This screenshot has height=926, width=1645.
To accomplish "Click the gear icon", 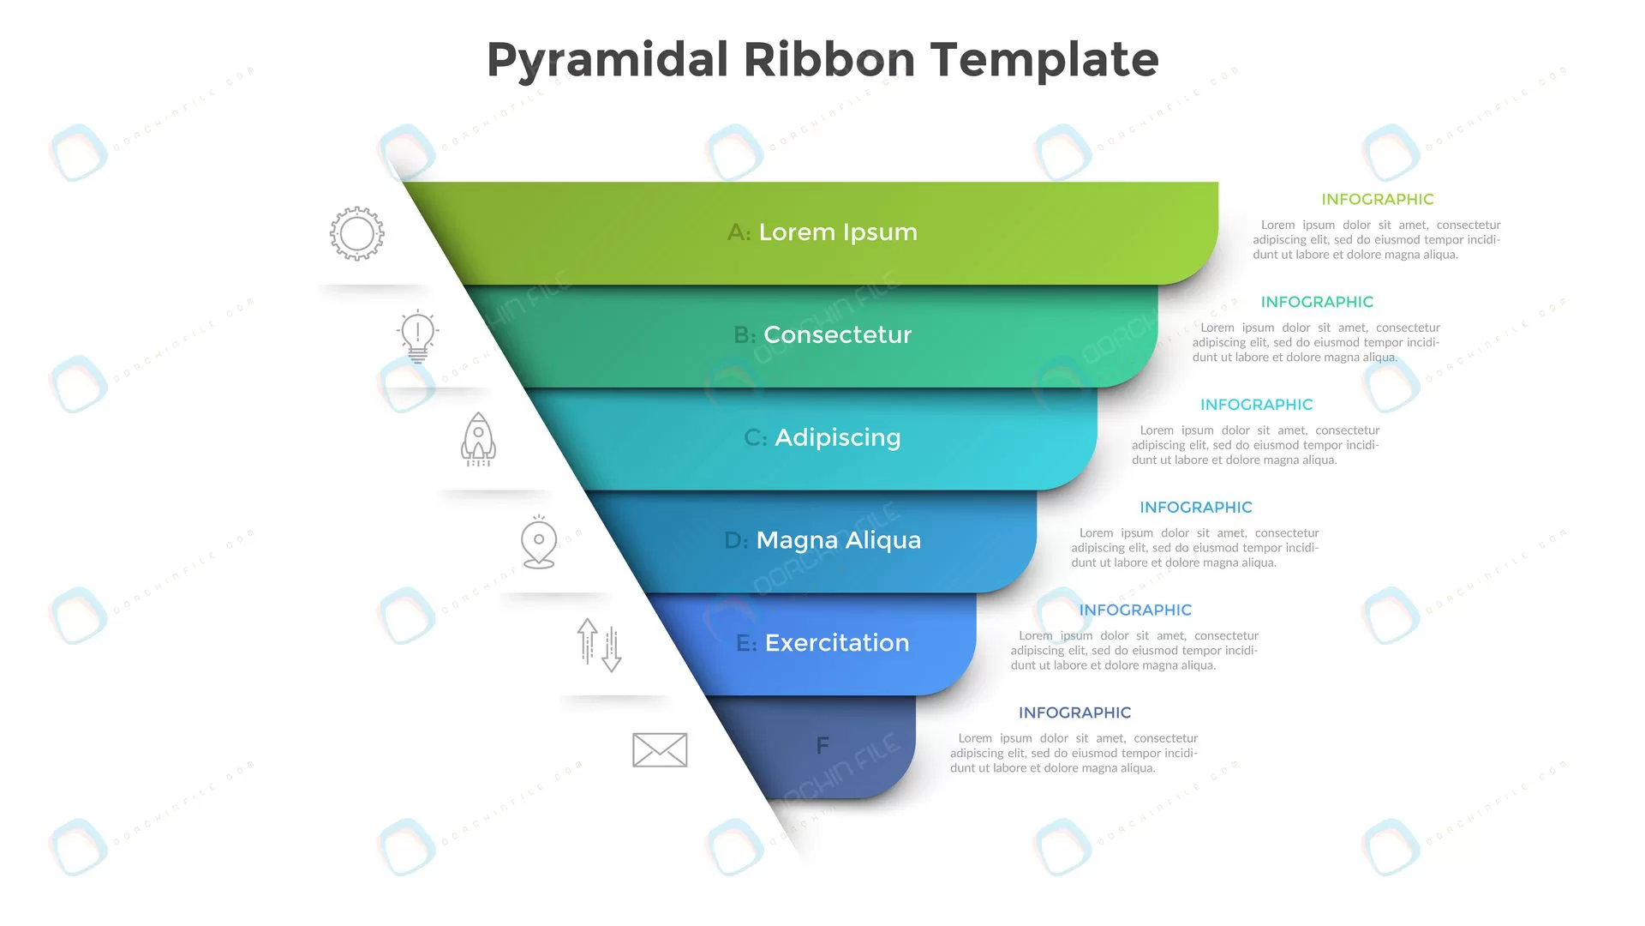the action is pos(357,233).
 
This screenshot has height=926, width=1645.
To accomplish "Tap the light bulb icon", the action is pos(418,336).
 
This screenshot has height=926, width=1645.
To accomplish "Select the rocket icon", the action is pos(478,439).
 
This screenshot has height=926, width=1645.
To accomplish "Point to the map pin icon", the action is pos(539,542).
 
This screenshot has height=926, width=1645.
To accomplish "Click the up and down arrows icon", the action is pos(599,645).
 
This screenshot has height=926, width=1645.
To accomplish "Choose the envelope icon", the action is pos(660,749).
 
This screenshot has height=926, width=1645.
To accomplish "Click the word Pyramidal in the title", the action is pos(607,61).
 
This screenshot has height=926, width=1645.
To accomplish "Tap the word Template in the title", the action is pos(1045,59).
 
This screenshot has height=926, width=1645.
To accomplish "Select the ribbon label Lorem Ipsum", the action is pos(838,232).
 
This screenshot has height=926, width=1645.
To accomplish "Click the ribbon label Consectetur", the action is pos(837,334).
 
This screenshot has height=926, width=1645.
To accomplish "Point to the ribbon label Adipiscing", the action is pos(838,438).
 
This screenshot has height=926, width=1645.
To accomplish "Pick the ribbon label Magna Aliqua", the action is pos(839,540).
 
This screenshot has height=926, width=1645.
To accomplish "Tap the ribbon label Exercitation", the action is pos(837,643).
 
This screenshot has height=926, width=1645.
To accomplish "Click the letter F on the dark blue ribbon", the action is pos(822,746).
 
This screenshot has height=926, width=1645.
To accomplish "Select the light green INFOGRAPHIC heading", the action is pos(1378,199).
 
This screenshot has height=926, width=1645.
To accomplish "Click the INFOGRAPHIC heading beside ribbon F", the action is pos(1074,713).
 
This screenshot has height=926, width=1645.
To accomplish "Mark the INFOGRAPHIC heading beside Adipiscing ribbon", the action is pos(1256,405).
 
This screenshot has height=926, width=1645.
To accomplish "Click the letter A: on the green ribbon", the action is pos(739,232).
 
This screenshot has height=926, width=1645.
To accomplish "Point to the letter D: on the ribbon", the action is pos(736,540).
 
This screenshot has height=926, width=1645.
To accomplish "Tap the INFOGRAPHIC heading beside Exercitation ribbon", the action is pos(1135,610).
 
